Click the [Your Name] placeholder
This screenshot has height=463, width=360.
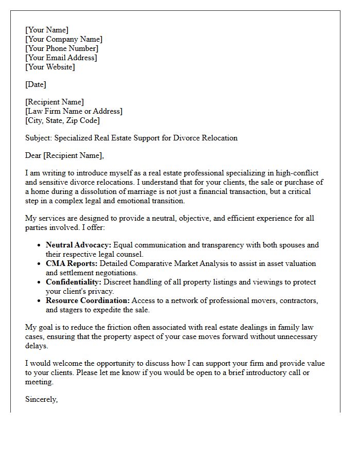click(47, 30)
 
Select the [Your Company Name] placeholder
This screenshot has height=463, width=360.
click(64, 39)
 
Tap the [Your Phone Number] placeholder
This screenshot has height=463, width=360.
click(62, 48)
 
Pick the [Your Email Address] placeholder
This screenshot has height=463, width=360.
click(61, 58)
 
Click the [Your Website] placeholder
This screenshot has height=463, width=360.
click(50, 67)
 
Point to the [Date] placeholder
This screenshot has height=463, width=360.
click(35, 84)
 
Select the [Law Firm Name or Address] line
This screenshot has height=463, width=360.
click(74, 111)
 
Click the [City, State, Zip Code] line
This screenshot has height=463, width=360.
click(62, 120)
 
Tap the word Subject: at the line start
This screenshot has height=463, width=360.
click(39, 138)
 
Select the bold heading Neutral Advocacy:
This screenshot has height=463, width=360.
click(78, 245)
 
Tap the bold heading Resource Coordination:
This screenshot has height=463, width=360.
click(87, 300)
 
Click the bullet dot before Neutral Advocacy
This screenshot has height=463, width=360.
click(39, 245)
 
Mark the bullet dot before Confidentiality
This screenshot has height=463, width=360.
click(39, 282)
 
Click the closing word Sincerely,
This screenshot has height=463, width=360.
click(41, 399)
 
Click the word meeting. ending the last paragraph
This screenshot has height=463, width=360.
click(39, 382)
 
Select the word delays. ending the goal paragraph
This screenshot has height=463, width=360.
click(36, 346)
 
